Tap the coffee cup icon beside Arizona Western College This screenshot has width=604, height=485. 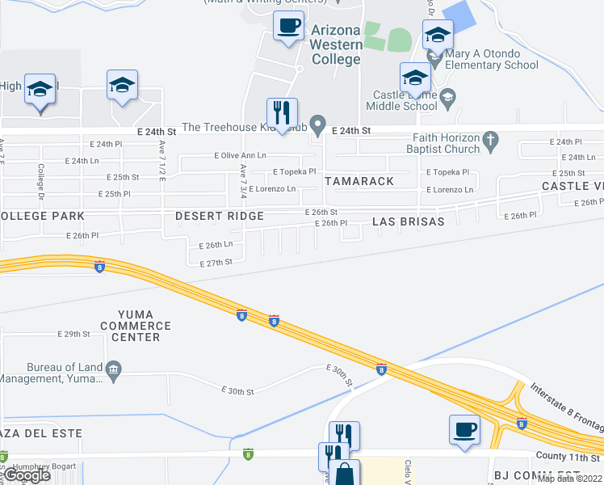288,27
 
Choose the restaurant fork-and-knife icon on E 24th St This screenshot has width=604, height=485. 282,113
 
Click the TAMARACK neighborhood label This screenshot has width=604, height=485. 359,181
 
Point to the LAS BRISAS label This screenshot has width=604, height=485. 408,221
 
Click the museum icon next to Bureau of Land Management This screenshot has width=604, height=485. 113,369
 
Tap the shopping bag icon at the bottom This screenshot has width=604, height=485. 345,474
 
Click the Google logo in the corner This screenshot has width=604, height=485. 27,475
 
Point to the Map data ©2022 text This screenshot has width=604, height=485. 569,479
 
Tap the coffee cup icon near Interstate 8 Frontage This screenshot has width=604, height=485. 465,430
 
